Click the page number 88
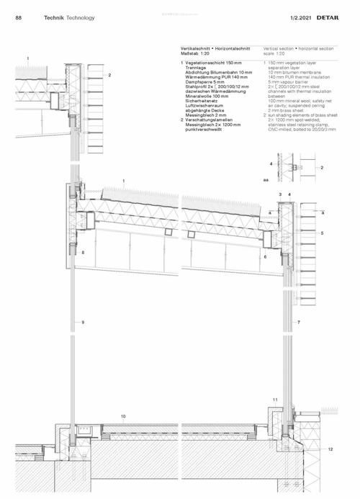coord(18,17)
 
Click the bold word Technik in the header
coord(54,17)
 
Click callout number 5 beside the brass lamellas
coord(323,233)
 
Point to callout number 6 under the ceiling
coord(265,256)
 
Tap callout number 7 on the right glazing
coord(298,322)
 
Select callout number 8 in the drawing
coord(84,253)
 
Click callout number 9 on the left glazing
coord(84,321)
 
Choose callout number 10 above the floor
coord(123,416)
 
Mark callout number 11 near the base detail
coord(274,399)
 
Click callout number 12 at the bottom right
coord(330,449)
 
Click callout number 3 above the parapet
coord(280,194)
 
